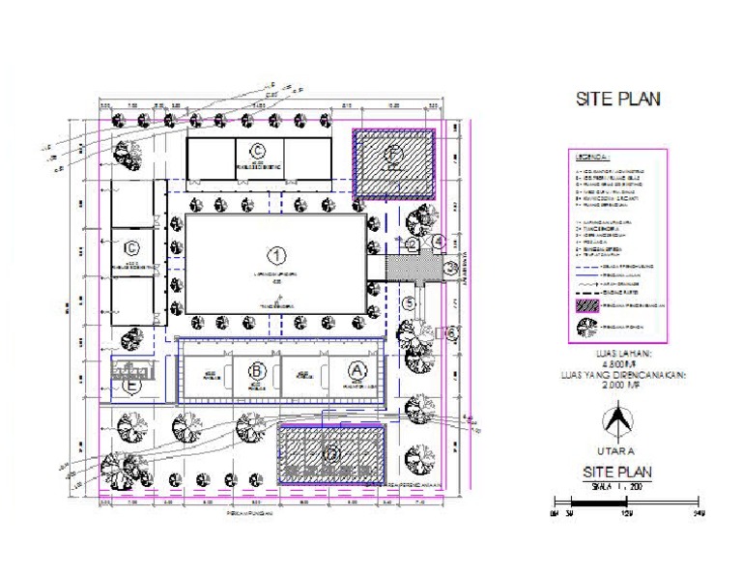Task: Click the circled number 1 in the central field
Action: pos(276,255)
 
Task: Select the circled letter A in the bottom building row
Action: pos(357,369)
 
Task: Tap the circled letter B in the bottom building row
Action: pos(257,369)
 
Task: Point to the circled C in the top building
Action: pos(258,149)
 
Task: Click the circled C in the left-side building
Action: pos(132,247)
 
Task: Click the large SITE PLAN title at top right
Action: pos(618,100)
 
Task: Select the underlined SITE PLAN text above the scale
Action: pos(617,472)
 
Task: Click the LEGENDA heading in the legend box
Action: pos(591,157)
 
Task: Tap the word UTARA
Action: pos(617,451)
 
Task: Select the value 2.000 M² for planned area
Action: pos(618,385)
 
